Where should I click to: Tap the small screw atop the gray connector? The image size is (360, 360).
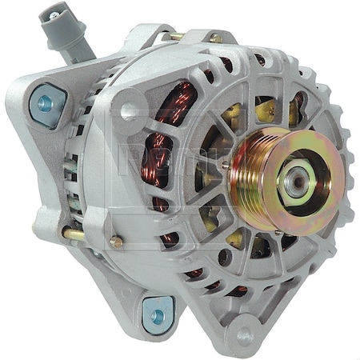pyautogui.click(x=54, y=15)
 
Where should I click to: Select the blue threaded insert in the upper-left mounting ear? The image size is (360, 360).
pyautogui.click(x=45, y=103)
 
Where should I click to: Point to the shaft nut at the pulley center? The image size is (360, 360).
pyautogui.click(x=298, y=182)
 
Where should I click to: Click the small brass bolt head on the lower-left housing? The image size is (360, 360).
pyautogui.click(x=117, y=242)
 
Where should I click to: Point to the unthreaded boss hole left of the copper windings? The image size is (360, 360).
pyautogui.click(x=128, y=112)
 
